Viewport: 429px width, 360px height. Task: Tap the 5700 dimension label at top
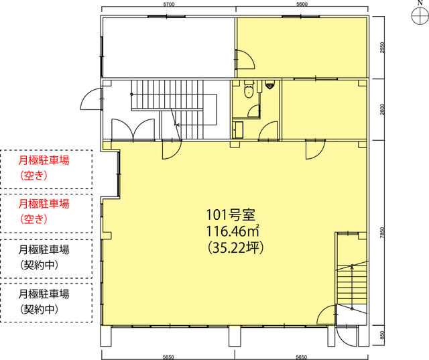pyautogui.click(x=168, y=4)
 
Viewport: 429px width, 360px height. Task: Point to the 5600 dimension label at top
pyautogui.click(x=302, y=4)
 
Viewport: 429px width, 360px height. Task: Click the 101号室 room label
pyautogui.click(x=231, y=215)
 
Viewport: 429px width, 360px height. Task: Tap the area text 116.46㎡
pyautogui.click(x=233, y=232)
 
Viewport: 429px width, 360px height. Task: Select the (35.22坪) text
pyautogui.click(x=235, y=249)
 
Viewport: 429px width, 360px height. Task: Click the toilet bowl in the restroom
pyautogui.click(x=249, y=89)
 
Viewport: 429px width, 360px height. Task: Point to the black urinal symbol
pyautogui.click(x=269, y=85)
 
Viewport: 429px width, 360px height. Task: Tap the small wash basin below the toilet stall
pyautogui.click(x=238, y=129)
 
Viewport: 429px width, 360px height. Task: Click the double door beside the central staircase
pyautogui.click(x=133, y=129)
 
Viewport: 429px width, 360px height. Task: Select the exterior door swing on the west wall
pyautogui.click(x=91, y=100)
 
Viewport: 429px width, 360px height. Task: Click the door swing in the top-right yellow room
pyautogui.click(x=246, y=60)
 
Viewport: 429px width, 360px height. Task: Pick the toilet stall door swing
pyautogui.click(x=253, y=111)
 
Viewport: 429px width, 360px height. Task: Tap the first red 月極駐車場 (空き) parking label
pyautogui.click(x=44, y=168)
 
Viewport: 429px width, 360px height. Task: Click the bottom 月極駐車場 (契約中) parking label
pyautogui.click(x=44, y=302)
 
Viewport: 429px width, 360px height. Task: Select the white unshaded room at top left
pyautogui.click(x=168, y=48)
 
